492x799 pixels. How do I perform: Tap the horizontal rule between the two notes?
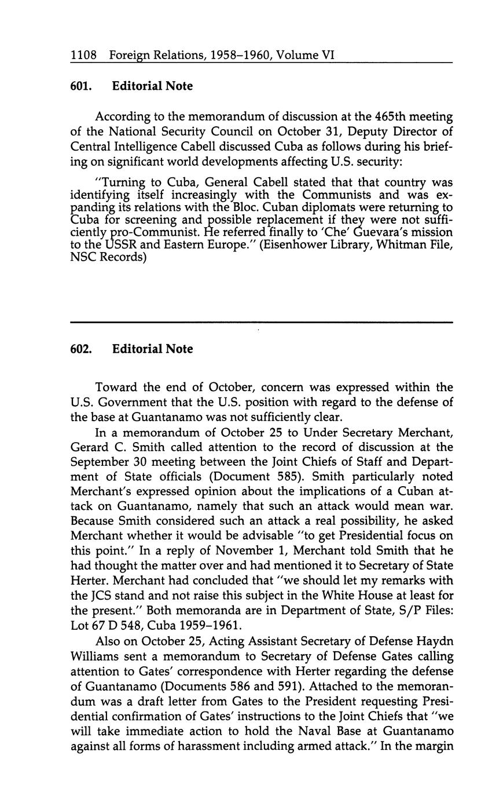point(261,322)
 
